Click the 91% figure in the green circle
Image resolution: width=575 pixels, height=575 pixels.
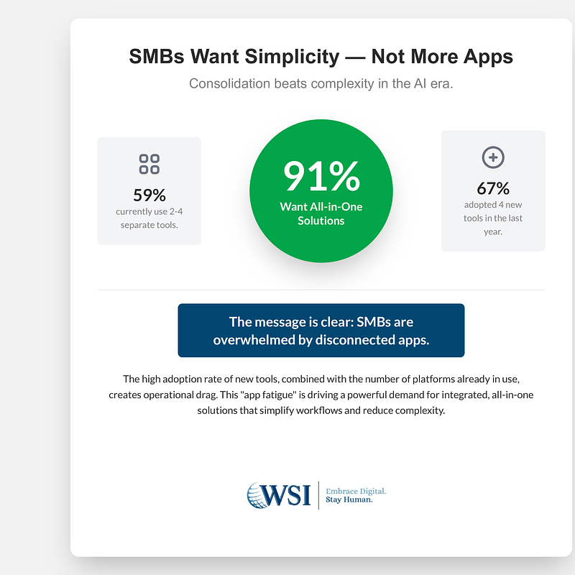pos(321,177)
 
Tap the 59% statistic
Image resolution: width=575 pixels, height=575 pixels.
pos(149,195)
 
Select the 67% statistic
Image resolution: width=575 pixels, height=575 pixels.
pos(493,188)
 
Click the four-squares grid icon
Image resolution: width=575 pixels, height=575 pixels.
pos(149,164)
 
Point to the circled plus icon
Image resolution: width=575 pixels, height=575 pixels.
pos(493,157)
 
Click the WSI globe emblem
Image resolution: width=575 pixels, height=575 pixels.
pos(259,494)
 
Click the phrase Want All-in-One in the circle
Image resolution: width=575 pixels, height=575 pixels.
pos(321,207)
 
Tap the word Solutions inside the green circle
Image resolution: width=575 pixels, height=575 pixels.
pos(321,221)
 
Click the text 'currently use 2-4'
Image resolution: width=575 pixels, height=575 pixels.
pos(149,211)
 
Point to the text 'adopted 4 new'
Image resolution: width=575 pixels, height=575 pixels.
pos(493,205)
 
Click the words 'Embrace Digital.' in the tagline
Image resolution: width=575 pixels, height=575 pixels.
pos(356,491)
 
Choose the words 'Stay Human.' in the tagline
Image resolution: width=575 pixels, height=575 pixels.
pos(349,500)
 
